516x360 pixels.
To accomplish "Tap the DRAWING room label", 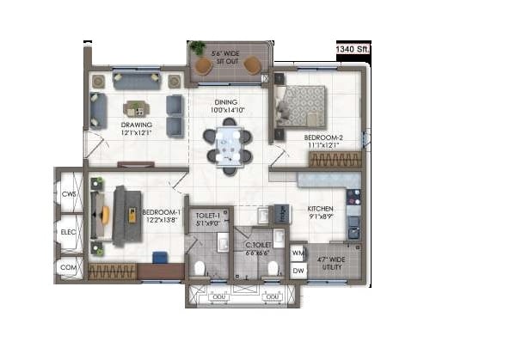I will pos(136,129).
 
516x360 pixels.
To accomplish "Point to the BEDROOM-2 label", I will pos(322,140).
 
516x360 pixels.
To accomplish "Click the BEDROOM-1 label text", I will pos(161,216).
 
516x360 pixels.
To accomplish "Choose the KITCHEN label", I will pos(320,212).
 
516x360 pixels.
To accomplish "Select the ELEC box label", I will pos(69,232).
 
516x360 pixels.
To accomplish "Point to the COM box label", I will pos(69,268).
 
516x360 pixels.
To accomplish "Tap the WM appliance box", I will pos(298,253).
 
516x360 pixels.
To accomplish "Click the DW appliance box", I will pos(298,272).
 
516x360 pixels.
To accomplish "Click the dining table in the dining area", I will pos(228,145).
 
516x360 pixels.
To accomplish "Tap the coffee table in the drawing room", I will pos(136,108).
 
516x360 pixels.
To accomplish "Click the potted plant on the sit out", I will pos(199,46).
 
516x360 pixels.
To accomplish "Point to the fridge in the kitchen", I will pos(280,213).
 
